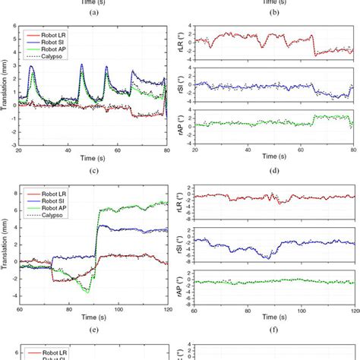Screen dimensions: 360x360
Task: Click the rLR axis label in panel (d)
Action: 181,49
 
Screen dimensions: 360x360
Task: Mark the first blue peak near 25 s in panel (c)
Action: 31,66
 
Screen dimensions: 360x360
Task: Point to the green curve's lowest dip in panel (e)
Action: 87,291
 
